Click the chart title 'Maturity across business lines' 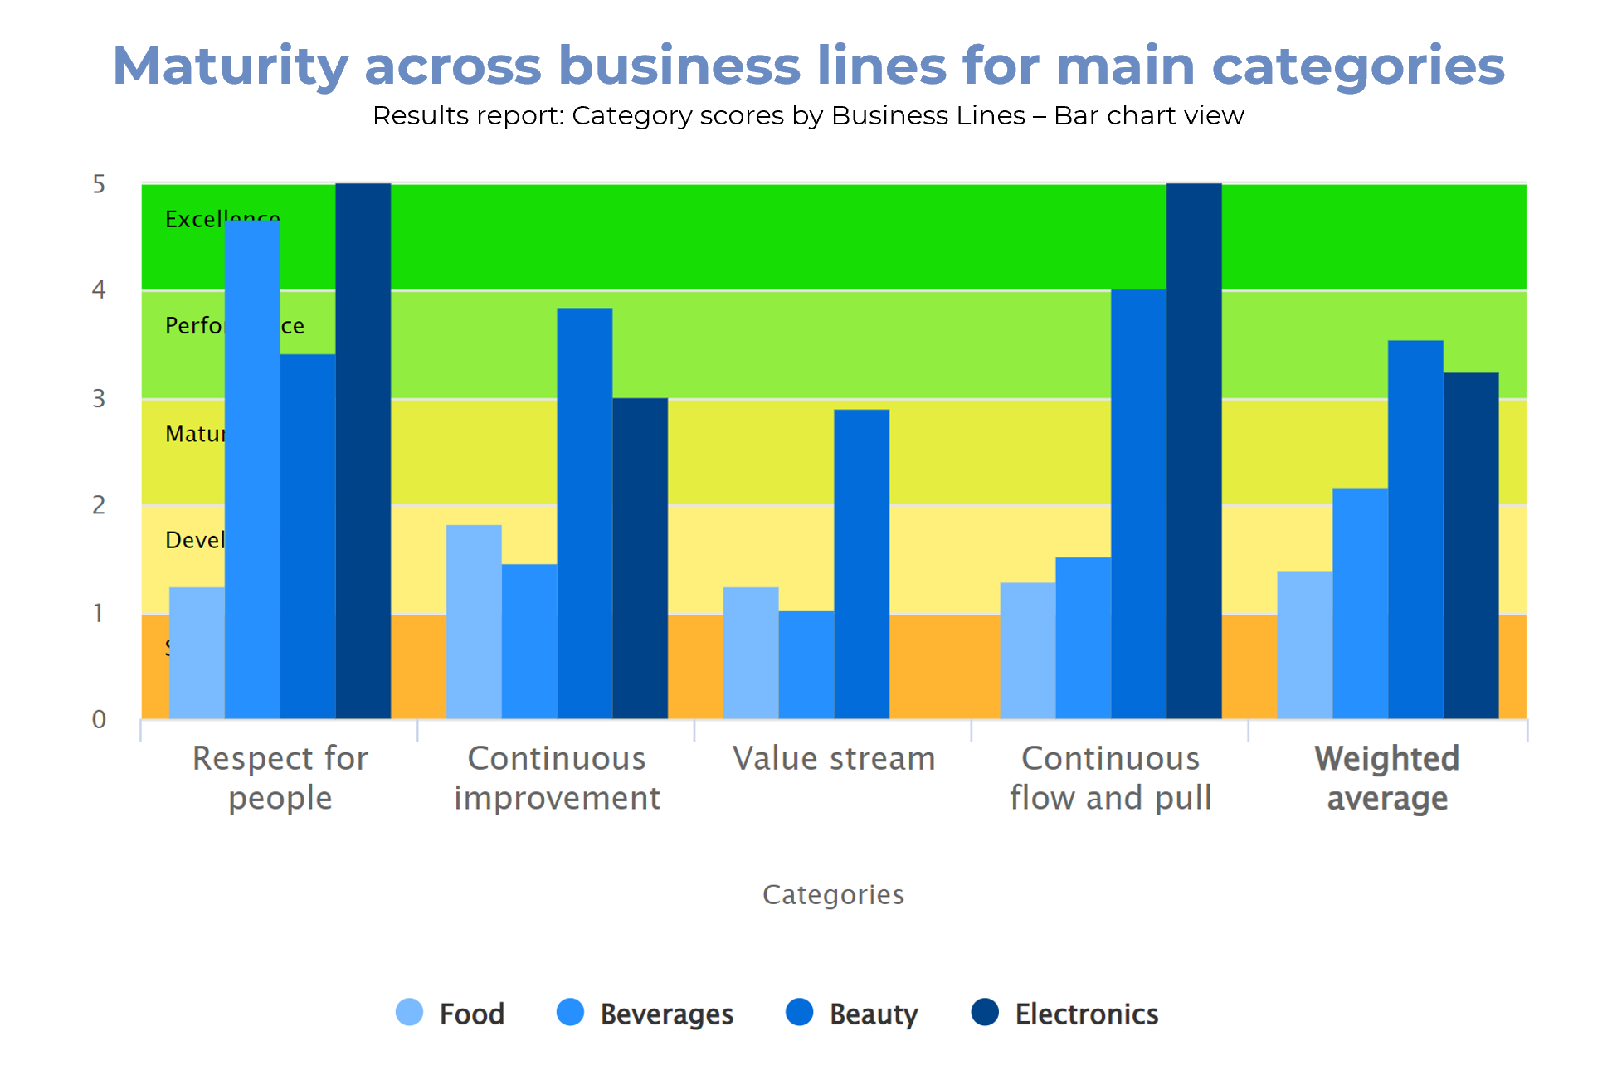[808, 66]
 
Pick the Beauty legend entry [852, 1014]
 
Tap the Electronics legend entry [1065, 1014]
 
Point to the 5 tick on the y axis [100, 184]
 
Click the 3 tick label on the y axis [100, 399]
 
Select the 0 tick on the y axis [100, 719]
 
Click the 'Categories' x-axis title [833, 894]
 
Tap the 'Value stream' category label [834, 759]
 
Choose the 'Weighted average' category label [1387, 778]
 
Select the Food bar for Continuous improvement [474, 622]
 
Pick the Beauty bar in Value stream [862, 564]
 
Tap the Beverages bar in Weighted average [1360, 603]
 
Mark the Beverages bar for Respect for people [252, 469]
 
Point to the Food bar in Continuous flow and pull [1028, 651]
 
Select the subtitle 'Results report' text [808, 115]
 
